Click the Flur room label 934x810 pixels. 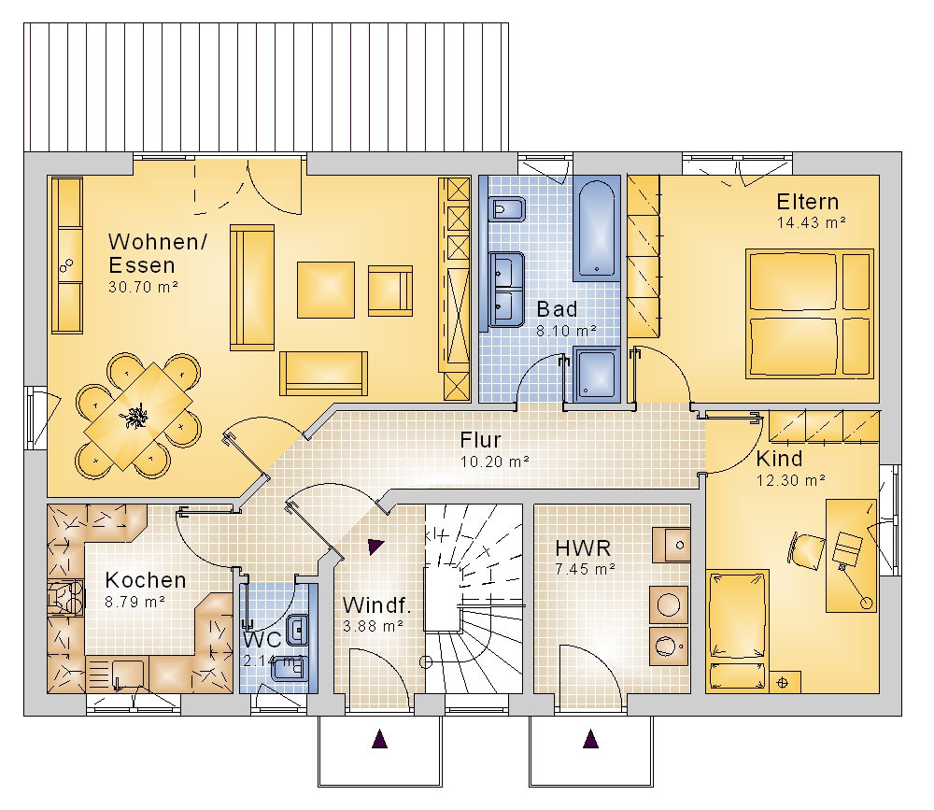(x=481, y=440)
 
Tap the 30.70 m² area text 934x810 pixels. (x=144, y=287)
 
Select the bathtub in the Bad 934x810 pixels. (x=596, y=230)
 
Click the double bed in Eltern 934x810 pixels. (x=810, y=314)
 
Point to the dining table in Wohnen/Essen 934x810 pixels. (x=138, y=416)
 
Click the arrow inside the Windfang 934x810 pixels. (x=375, y=546)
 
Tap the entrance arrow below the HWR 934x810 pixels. (x=590, y=738)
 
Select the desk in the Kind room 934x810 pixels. (x=851, y=556)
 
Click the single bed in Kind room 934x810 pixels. (x=737, y=630)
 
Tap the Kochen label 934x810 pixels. (x=146, y=580)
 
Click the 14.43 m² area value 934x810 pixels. (x=812, y=222)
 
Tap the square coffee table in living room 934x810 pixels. (x=326, y=290)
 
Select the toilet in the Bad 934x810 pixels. (x=506, y=209)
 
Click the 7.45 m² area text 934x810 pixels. (x=585, y=569)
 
